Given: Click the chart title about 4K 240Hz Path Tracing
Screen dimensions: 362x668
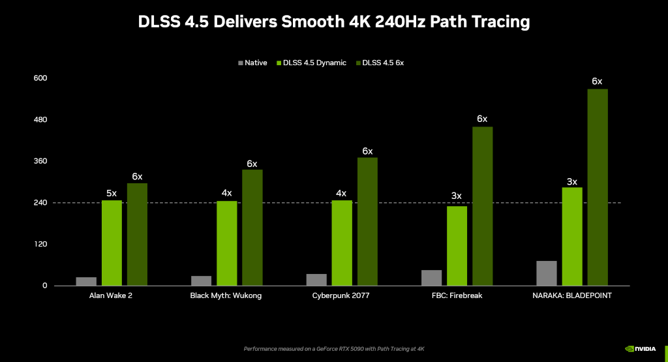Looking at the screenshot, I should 334,22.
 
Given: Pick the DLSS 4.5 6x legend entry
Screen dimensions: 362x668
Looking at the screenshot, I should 380,63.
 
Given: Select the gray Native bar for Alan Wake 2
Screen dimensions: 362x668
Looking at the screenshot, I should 86,281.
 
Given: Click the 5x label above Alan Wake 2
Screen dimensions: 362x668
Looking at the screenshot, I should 112,193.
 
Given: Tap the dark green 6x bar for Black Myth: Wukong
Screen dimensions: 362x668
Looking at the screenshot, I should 252,228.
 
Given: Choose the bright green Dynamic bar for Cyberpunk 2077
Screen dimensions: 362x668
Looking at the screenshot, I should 342,243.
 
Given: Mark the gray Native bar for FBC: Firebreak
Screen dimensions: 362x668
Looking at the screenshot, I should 431,278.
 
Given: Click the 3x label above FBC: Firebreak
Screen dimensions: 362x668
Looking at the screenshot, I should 457,196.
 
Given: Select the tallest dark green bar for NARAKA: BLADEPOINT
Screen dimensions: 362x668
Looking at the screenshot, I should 598,187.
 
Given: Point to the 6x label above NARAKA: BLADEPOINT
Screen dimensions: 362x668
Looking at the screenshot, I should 597,82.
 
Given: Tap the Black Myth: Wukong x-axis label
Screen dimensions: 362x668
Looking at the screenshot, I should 226,296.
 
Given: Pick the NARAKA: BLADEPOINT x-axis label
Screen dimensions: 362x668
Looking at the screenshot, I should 572,296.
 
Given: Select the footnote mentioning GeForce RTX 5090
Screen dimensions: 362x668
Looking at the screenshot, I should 334,349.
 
